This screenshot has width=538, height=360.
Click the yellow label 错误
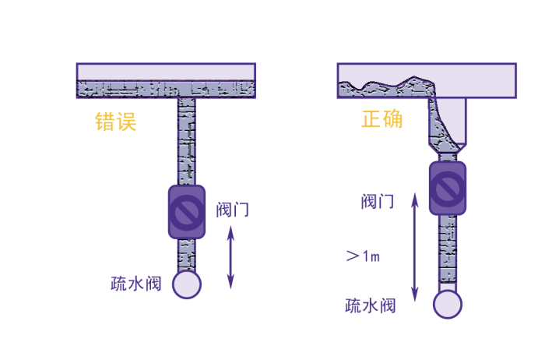pos(116,122)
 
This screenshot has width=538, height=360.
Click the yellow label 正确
pos(382,119)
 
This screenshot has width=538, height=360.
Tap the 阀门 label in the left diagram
pos(232,210)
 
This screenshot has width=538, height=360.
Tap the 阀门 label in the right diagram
pos(378,201)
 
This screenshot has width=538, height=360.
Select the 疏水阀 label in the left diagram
pos(136,284)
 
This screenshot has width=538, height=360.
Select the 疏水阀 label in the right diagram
pos(371,305)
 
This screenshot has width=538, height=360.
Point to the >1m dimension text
pos(363,256)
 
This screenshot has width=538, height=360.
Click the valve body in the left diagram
pos(187,212)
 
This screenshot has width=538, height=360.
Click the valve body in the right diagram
pos(448,189)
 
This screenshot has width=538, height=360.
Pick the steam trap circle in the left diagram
pos(187,284)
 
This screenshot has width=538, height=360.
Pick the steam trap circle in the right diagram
pos(448,305)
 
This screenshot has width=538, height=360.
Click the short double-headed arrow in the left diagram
pos(231,257)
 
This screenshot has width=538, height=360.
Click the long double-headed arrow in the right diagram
pos(415,247)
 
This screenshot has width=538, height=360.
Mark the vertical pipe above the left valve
pos(187,142)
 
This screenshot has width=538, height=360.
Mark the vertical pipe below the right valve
pos(448,252)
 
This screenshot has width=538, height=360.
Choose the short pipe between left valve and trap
pos(187,255)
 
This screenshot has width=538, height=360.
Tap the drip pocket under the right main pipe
pos(448,125)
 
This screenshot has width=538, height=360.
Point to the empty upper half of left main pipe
pos(166,72)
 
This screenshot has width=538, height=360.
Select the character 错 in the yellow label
pos(105,122)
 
